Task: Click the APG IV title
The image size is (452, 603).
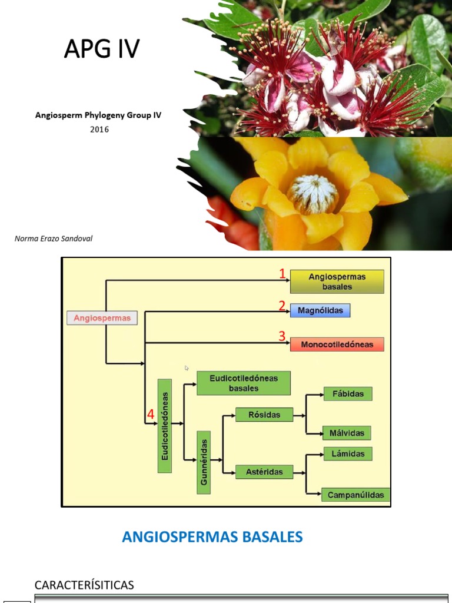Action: pyautogui.click(x=101, y=50)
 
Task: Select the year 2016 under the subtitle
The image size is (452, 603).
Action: pyautogui.click(x=99, y=130)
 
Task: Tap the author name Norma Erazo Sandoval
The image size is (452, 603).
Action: pyautogui.click(x=54, y=238)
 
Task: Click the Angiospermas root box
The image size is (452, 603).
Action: pyautogui.click(x=102, y=318)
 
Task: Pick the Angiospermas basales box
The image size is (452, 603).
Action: pyautogui.click(x=337, y=281)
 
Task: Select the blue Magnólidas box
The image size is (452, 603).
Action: pyautogui.click(x=320, y=310)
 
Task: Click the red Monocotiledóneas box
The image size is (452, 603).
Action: pyautogui.click(x=337, y=344)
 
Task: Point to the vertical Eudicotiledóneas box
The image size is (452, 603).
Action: pyautogui.click(x=165, y=426)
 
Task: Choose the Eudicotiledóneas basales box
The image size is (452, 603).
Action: pyautogui.click(x=244, y=383)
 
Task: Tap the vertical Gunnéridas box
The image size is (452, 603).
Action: pyautogui.click(x=204, y=462)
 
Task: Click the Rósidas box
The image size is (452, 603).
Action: pyautogui.click(x=265, y=415)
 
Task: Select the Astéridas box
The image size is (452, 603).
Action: pyautogui.click(x=264, y=472)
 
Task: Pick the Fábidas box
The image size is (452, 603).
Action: pyautogui.click(x=348, y=394)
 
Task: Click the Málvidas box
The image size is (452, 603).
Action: pyautogui.click(x=347, y=433)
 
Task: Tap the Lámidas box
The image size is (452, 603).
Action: pyautogui.click(x=348, y=454)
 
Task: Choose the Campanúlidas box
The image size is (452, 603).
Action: pyautogui.click(x=355, y=495)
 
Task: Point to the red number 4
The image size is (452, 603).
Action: pyautogui.click(x=151, y=415)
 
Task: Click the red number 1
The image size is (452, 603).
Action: pyautogui.click(x=282, y=273)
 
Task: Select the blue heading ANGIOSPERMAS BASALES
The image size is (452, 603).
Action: pyautogui.click(x=212, y=536)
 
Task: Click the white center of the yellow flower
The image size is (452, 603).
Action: pyautogui.click(x=313, y=194)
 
